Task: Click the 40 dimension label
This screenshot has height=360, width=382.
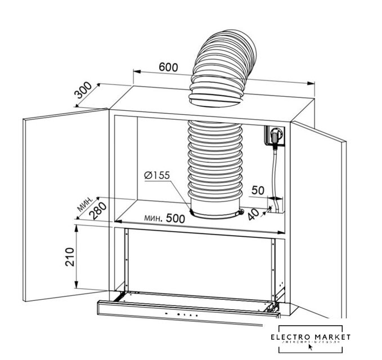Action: click(x=254, y=214)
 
